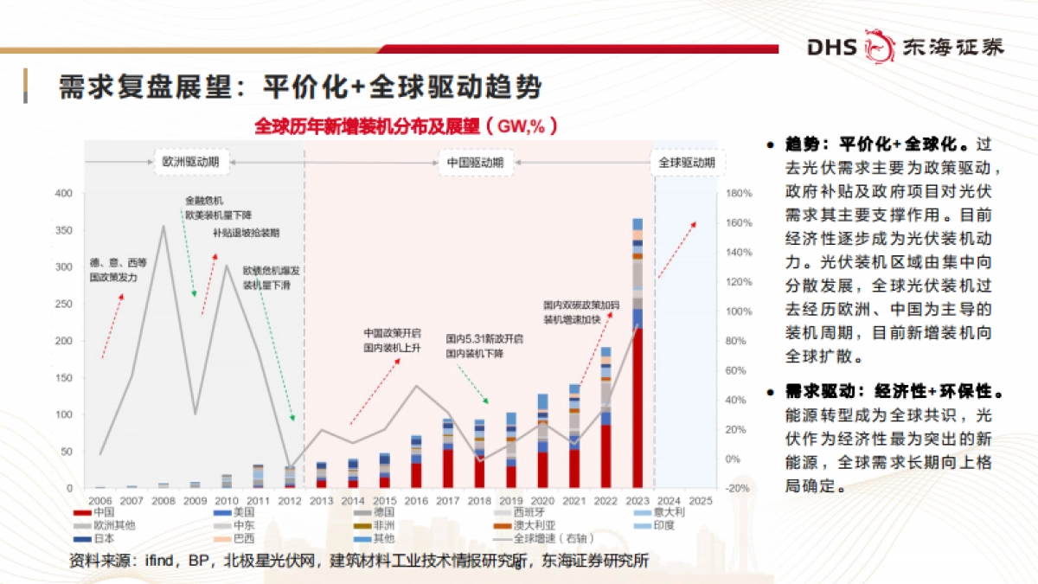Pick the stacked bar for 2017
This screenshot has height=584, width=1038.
(x=448, y=453)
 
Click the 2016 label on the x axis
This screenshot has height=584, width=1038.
(x=416, y=500)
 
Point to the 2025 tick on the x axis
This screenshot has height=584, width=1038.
(x=702, y=500)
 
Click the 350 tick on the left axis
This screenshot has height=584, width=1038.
(x=65, y=230)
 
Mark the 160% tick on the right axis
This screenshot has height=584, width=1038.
(x=740, y=223)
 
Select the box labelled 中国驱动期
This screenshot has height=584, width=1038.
(x=475, y=162)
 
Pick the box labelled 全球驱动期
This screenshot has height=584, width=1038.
(x=687, y=162)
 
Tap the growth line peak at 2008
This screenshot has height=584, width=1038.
(x=163, y=227)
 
